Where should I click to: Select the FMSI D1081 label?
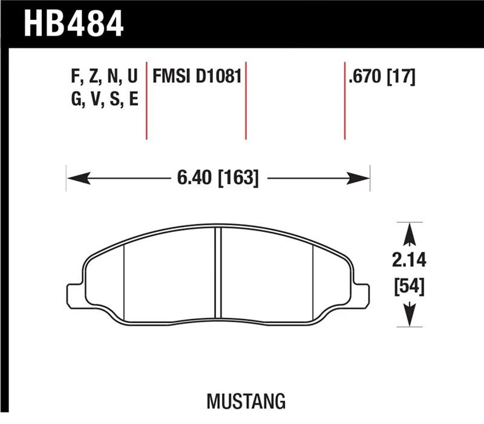tap(197, 77)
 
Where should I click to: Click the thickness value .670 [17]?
tap(381, 77)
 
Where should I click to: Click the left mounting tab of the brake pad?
tap(74, 292)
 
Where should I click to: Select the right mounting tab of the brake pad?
tap(361, 292)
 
